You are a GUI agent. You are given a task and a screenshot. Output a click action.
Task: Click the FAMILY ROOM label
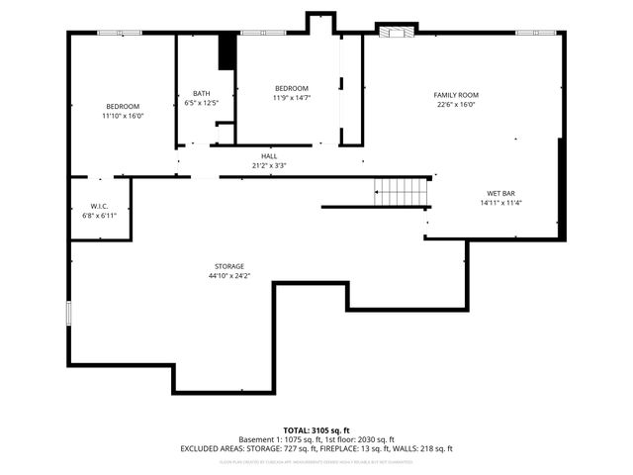455,95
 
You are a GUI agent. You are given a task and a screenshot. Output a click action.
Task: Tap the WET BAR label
500,193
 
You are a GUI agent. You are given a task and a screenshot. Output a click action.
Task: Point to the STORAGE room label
229,266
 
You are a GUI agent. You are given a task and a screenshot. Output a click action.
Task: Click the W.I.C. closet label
99,206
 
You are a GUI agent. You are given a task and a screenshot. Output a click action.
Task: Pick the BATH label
201,94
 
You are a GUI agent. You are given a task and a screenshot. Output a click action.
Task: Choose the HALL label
269,156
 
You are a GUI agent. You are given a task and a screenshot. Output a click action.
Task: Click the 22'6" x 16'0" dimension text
455,104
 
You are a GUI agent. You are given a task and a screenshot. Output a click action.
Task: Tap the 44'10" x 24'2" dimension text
229,276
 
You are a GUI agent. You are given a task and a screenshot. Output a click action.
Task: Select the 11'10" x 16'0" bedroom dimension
123,116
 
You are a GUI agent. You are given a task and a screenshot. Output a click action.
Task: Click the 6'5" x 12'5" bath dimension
201,103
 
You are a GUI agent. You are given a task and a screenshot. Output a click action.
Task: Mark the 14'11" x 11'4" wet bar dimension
500,203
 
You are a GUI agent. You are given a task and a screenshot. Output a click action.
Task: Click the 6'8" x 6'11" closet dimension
99,215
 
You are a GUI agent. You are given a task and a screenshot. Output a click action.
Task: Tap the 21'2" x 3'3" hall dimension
269,165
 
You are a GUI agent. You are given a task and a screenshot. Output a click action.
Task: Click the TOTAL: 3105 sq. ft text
316,429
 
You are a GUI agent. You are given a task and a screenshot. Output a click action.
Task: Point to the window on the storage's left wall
68,313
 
